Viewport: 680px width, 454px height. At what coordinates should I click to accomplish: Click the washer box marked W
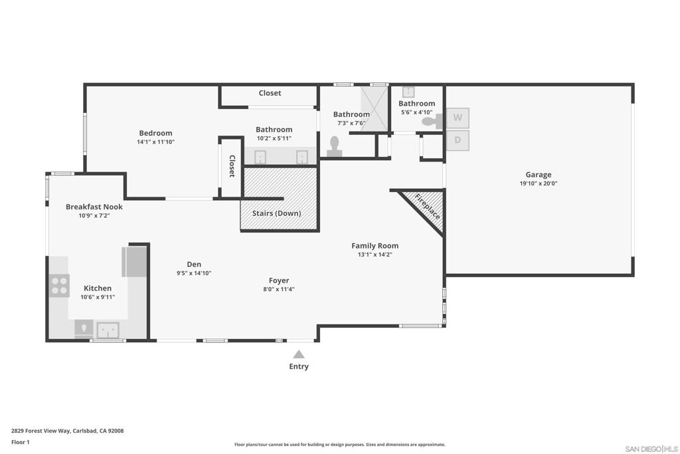457,118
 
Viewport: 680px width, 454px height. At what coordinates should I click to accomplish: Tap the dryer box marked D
457,140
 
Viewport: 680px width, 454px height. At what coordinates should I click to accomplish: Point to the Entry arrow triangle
299,354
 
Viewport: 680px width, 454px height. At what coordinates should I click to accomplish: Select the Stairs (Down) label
276,213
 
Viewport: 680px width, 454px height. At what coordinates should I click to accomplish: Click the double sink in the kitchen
108,329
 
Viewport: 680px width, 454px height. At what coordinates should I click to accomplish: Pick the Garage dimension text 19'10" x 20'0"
538,183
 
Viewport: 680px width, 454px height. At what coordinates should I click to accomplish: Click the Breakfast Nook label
94,207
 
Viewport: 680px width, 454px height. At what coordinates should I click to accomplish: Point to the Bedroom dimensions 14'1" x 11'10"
155,142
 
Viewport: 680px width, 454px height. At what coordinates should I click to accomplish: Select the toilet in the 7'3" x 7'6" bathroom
334,146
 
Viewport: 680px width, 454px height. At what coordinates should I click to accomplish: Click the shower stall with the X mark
374,108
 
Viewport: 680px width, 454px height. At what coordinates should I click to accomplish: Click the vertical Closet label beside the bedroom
232,166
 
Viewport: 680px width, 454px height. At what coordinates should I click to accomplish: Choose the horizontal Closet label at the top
270,93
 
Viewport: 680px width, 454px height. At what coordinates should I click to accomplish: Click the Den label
193,265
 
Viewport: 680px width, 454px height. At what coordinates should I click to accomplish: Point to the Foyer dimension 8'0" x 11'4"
278,289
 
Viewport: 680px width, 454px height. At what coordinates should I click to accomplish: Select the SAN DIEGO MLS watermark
651,449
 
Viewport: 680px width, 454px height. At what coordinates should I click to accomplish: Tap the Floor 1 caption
21,442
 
